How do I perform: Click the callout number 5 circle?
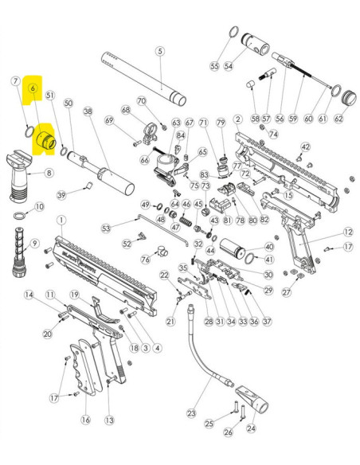pyautogui.click(x=159, y=51)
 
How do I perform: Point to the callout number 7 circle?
pyautogui.click(x=14, y=81)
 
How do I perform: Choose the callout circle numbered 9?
pyautogui.click(x=34, y=243)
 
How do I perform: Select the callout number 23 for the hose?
pyautogui.click(x=191, y=413)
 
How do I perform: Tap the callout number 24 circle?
pyautogui.click(x=252, y=428)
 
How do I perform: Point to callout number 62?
pyautogui.click(x=339, y=119)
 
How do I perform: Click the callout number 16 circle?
pyautogui.click(x=85, y=420)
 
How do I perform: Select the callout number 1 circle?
pyautogui.click(x=61, y=219)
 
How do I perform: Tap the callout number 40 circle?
pyautogui.click(x=268, y=248)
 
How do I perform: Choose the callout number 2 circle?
pyautogui.click(x=237, y=119)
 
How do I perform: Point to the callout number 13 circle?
pyautogui.click(x=110, y=420)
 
